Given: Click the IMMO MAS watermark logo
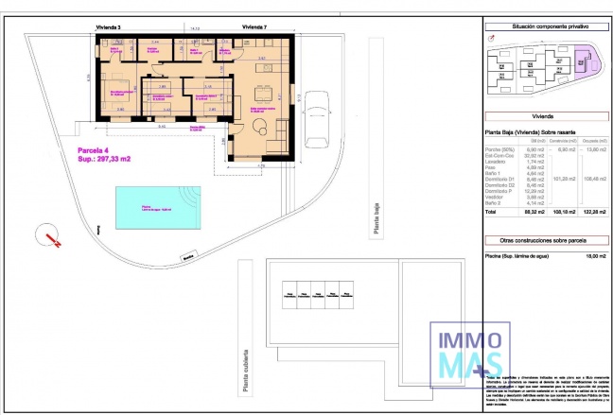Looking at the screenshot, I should [x=464, y=349].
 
